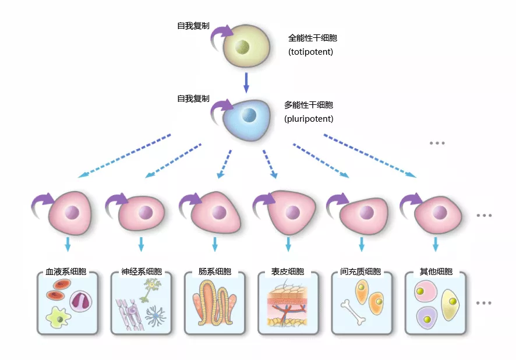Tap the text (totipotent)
310,52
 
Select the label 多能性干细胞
309,105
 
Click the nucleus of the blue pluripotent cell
249,115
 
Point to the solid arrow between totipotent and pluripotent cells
246,82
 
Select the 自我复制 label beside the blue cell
193,98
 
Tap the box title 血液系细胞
66,271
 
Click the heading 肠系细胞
214,271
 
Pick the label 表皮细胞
288,271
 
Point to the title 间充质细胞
361,271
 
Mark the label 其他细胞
436,271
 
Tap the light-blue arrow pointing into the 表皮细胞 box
288,243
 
